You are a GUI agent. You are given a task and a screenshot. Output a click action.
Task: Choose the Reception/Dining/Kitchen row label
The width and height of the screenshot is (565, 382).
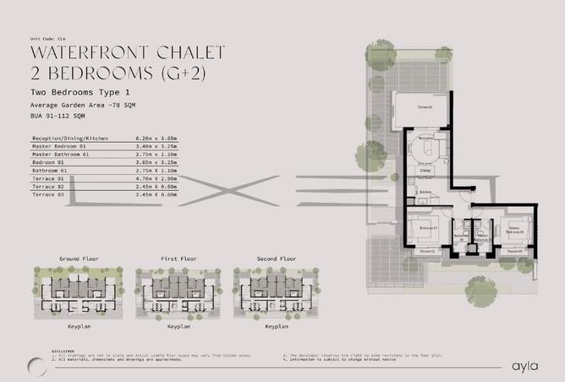point(69,137)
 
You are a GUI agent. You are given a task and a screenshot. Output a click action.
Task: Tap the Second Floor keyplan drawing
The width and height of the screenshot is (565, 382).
point(277,292)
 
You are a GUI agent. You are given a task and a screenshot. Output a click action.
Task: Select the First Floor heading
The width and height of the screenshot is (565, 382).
point(178,258)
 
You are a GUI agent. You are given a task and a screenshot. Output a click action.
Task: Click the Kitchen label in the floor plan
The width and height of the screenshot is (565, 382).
point(425,192)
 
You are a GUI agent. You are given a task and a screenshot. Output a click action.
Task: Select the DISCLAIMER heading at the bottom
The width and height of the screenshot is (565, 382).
point(63,351)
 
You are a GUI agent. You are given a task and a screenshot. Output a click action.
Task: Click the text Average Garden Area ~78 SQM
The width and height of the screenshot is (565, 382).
point(82,103)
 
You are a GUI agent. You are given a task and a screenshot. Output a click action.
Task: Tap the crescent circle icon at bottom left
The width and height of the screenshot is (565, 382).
point(36,364)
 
